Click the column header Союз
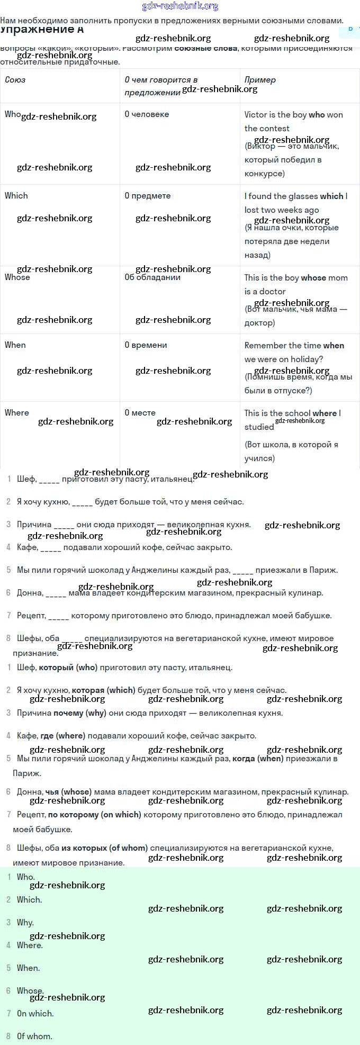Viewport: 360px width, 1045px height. click(x=15, y=80)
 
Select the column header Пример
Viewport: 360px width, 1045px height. click(x=260, y=80)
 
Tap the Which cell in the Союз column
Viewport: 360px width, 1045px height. click(x=16, y=195)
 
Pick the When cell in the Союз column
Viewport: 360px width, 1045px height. click(x=15, y=345)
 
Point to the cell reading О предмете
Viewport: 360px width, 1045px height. click(x=148, y=195)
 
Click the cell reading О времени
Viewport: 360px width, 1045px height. click(x=146, y=345)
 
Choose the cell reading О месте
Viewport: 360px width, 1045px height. click(x=140, y=412)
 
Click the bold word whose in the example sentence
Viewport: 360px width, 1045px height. click(x=313, y=277)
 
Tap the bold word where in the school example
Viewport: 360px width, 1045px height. click(x=325, y=413)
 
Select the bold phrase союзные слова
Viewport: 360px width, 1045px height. click(x=206, y=48)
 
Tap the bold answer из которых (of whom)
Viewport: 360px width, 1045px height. click(x=104, y=848)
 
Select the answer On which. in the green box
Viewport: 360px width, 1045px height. click(x=35, y=1013)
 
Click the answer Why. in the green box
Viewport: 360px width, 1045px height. click(x=25, y=922)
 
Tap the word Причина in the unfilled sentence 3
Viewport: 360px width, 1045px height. click(x=34, y=525)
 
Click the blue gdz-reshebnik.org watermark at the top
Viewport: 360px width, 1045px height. click(x=180, y=6)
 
